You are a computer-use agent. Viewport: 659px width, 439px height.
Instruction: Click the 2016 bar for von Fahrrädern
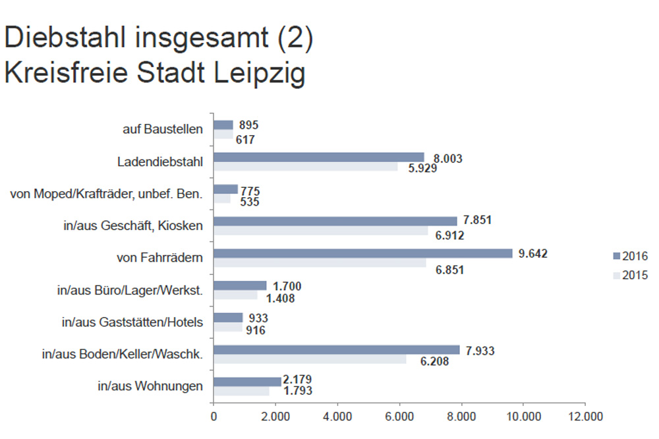[362, 253]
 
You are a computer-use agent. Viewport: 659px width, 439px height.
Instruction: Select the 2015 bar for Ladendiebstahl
[306, 167]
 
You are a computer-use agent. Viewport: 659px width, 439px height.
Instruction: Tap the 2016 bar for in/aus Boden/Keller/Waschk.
[336, 349]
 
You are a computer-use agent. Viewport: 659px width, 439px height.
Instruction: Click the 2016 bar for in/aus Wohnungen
[246, 382]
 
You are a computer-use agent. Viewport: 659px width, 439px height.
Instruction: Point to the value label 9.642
[533, 254]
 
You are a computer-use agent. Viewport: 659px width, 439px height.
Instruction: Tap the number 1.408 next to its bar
[279, 298]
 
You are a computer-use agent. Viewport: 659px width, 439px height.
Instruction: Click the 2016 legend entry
[631, 256]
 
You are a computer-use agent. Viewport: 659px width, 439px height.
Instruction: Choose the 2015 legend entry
[631, 276]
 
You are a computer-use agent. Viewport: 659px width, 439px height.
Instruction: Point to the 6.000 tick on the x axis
[399, 417]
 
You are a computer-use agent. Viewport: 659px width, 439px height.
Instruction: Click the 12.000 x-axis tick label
[585, 417]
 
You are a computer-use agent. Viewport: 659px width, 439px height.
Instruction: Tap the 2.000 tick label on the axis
[275, 417]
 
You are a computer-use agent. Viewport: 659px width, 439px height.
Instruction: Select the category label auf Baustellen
[162, 129]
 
